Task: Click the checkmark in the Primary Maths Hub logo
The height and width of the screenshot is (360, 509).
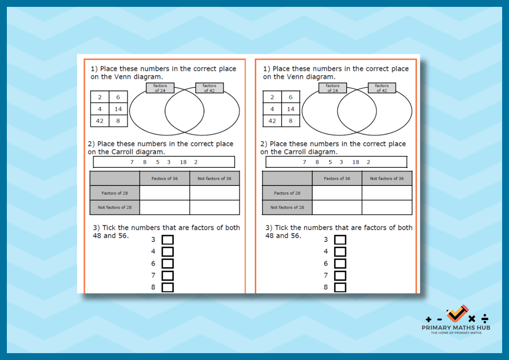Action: point(457,314)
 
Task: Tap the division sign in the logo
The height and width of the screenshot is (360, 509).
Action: point(485,318)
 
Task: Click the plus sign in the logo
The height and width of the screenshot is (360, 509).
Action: point(428,320)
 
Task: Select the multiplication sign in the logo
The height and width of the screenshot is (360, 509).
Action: point(472,319)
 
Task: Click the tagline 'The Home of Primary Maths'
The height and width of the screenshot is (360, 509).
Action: point(456,333)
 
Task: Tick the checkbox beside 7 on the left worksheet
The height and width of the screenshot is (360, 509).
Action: point(168,275)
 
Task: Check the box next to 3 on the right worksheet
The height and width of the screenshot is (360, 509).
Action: point(340,240)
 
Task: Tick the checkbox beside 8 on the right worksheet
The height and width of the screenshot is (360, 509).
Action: point(340,287)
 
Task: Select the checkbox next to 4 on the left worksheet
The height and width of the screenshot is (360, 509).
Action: point(168,252)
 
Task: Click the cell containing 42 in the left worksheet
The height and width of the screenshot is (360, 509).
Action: point(100,121)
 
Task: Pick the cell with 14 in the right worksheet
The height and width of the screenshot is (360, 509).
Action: point(291,109)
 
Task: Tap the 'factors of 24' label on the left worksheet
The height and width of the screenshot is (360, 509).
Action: point(160,88)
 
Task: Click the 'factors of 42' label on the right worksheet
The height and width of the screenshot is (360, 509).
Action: point(382,88)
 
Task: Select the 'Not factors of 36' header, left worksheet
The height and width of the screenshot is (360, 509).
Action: point(214,179)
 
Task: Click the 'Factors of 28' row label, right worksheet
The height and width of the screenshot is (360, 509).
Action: point(287,193)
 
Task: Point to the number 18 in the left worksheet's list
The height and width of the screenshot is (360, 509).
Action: point(183,162)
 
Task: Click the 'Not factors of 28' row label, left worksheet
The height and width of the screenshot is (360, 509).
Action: point(115,207)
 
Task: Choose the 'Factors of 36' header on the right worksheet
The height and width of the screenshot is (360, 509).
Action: point(337,179)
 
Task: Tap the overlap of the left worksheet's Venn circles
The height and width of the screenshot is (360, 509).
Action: point(184,111)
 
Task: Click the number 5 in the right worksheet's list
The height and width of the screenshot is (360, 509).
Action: point(330,162)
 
